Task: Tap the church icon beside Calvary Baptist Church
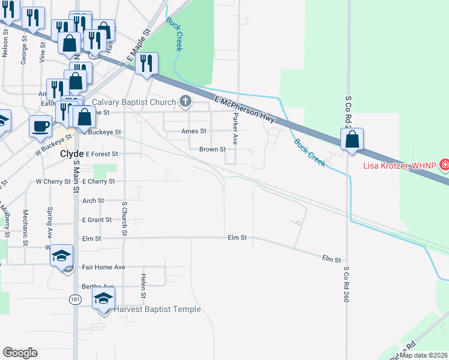coord(185,101)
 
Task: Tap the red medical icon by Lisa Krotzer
coord(445,164)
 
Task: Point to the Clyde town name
coord(71,154)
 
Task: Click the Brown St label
coord(212,149)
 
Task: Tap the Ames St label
coord(194,131)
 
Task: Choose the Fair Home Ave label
coord(103,267)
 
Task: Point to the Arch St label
coord(93,200)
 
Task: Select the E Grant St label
coord(97,220)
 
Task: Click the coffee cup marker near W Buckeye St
coord(41,126)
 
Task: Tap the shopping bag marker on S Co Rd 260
coord(352,139)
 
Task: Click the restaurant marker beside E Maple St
coord(146,63)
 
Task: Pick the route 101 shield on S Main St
coord(74,299)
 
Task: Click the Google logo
coord(20,353)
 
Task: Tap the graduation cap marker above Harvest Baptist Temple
coord(103,299)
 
